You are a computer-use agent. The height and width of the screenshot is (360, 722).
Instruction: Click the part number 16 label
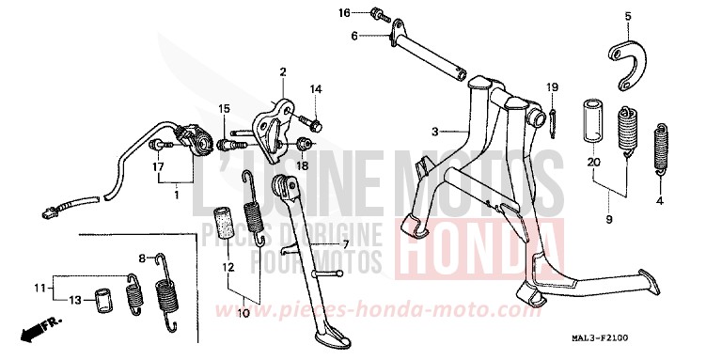click(x=344, y=12)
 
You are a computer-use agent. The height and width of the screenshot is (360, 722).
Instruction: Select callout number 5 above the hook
click(x=628, y=16)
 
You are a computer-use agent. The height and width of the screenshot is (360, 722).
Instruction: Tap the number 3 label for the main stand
click(x=435, y=130)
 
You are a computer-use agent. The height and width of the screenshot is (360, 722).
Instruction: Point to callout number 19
click(x=553, y=87)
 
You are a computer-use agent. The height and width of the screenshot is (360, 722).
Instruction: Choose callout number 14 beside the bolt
click(x=316, y=89)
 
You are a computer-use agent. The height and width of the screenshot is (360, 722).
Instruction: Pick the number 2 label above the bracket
click(x=282, y=71)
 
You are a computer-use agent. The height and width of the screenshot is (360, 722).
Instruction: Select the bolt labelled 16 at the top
click(x=378, y=14)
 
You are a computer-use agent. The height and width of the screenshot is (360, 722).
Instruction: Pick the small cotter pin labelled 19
click(x=555, y=118)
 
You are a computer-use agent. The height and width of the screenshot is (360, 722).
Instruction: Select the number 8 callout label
click(x=143, y=258)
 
